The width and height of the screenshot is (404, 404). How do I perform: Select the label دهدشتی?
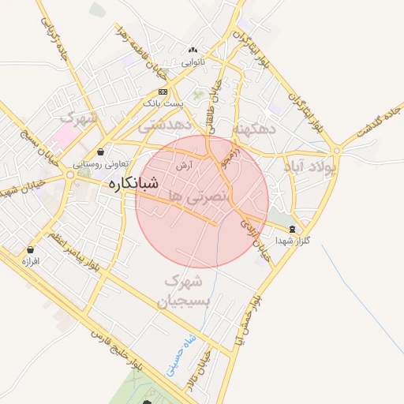163,125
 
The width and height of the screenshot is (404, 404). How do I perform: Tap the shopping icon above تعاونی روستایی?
101,152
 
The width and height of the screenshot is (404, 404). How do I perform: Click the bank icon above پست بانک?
163,92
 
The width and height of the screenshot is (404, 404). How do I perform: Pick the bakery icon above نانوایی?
193,50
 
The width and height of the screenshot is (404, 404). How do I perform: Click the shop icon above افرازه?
31,249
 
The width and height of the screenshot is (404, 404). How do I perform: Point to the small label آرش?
185,165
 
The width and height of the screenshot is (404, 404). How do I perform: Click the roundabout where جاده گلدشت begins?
337,148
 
